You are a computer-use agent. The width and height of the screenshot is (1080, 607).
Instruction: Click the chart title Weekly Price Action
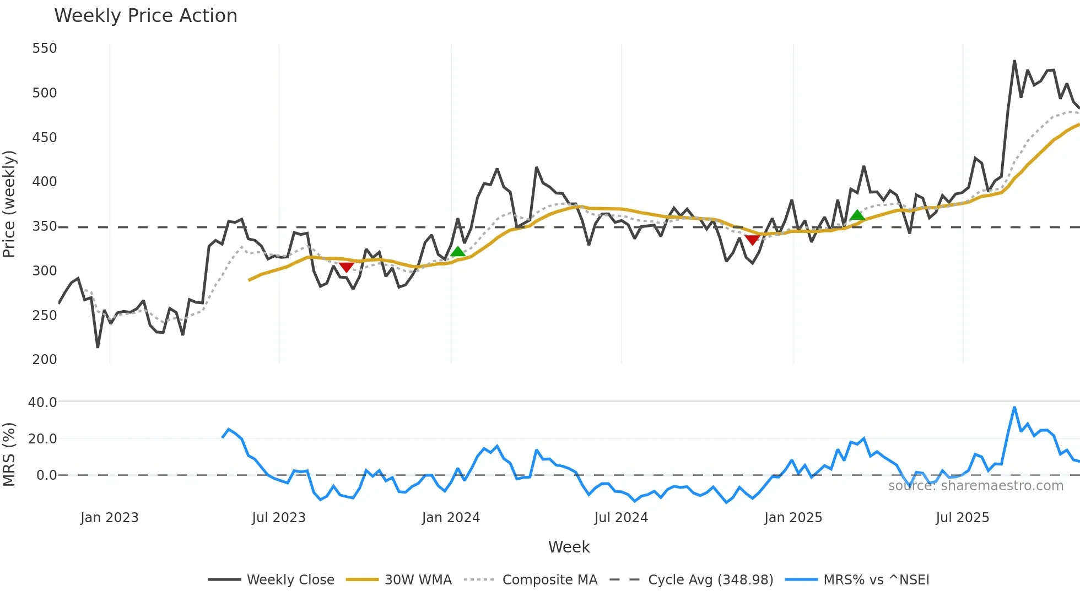tap(145, 16)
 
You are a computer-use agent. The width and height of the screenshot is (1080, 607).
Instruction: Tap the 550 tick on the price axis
tap(45, 48)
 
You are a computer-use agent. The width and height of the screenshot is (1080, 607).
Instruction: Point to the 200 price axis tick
tap(45, 360)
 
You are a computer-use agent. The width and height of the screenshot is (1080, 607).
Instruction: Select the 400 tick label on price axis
tap(45, 182)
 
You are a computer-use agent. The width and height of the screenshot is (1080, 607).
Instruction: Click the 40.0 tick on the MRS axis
tap(42, 403)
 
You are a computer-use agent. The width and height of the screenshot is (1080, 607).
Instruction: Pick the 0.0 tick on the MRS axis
tap(46, 475)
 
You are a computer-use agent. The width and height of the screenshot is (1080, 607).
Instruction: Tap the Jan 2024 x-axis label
tap(451, 518)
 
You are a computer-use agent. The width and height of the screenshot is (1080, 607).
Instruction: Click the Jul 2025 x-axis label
tap(962, 518)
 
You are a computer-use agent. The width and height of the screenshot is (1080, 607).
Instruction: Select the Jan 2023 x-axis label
tap(109, 518)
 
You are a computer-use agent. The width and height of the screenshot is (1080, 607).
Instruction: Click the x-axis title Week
tap(569, 547)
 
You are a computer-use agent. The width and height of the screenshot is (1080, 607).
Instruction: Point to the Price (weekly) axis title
tap(9, 204)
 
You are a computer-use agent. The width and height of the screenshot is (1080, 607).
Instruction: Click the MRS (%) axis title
tap(9, 454)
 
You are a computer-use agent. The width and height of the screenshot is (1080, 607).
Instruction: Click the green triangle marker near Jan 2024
tap(457, 252)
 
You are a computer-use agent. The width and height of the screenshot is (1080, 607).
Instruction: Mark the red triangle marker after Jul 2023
tap(346, 267)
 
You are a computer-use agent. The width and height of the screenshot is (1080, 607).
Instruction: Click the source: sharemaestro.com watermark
tap(975, 486)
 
